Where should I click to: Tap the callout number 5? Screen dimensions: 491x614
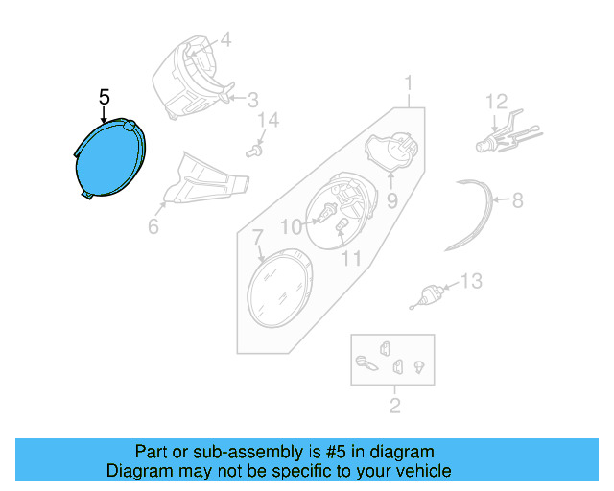point(105,97)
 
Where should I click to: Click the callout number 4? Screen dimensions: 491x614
point(225,40)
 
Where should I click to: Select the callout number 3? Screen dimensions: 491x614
point(252,99)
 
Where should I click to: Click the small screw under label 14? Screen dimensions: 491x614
point(255,150)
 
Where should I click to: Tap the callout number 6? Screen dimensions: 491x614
point(153,227)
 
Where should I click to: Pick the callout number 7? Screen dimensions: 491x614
point(257,236)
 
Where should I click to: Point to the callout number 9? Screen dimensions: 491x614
point(391,202)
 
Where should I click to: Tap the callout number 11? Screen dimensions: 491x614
point(351,259)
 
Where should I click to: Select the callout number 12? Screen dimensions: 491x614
point(495,101)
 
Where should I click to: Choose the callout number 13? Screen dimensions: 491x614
point(471,281)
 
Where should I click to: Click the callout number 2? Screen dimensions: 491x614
point(394,406)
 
